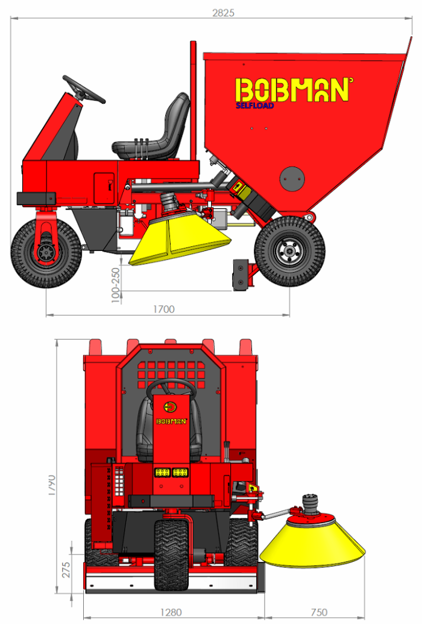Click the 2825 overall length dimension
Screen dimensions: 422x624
pos(223,13)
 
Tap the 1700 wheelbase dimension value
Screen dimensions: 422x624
pos(164,309)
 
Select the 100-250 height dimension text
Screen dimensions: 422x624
pos(116,285)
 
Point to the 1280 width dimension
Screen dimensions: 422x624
pos(171,612)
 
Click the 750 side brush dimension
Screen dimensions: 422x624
pos(319,612)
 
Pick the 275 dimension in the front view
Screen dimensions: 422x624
pos(66,570)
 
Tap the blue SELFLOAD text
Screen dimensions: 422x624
pos(255,106)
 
